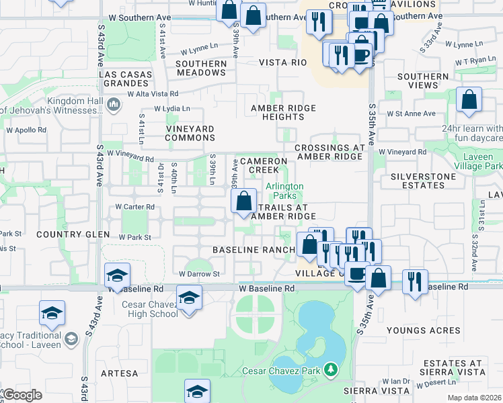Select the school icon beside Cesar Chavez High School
coord(190,298)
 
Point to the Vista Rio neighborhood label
coord(283,62)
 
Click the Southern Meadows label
coord(201,69)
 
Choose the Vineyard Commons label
coord(191,133)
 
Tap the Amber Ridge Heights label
coord(278,112)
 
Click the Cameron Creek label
coord(264,165)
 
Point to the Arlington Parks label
coord(284,191)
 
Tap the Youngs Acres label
coord(424,330)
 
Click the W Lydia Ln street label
coord(172,108)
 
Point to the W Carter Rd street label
coord(135,207)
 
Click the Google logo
coord(22,395)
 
